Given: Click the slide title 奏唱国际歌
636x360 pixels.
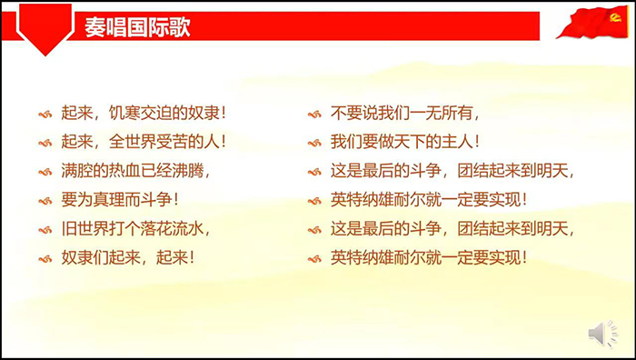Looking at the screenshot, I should pyautogui.click(x=137, y=26).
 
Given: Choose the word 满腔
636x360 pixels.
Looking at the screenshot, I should pyautogui.click(x=74, y=171).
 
